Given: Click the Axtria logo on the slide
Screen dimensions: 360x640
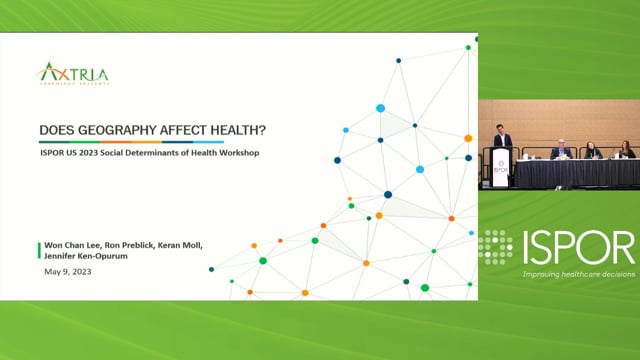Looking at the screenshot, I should pos(73,73).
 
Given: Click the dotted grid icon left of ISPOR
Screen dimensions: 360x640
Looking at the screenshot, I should pos(495,247).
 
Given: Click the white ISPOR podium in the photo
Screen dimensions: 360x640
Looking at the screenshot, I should pos(500,168).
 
